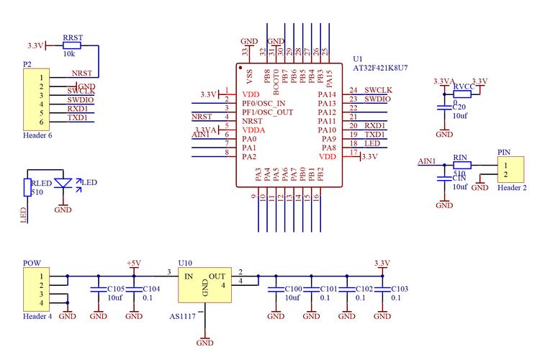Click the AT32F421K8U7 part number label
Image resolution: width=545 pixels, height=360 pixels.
380,67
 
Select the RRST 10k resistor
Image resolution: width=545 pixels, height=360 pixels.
71,45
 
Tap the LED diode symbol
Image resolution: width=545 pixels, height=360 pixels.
64,183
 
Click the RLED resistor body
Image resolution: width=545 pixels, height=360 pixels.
27,188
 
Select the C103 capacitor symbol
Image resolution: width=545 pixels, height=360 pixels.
382,289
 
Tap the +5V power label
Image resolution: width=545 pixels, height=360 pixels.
134,262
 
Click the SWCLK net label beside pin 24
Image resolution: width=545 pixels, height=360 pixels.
377,90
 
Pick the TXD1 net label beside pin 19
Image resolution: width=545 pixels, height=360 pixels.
374,135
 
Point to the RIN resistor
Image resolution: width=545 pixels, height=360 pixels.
461,164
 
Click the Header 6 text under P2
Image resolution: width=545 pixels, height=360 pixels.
37,135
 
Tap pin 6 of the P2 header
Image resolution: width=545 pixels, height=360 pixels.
42,122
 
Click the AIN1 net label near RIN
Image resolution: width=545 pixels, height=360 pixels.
427,161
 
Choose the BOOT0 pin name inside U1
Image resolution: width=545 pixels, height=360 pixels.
276,78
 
